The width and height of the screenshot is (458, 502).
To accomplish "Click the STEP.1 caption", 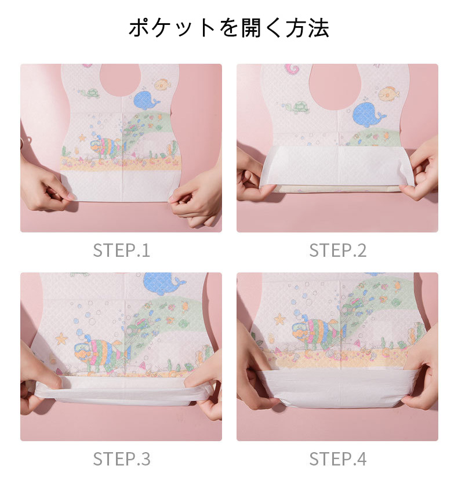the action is coord(121,250).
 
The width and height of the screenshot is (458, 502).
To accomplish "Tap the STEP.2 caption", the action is coord(337,250).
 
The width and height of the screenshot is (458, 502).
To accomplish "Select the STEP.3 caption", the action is coord(121,459).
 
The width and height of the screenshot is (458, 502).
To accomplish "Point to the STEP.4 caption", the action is coord(337,459).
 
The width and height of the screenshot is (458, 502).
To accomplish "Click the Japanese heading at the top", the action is coord(229,28).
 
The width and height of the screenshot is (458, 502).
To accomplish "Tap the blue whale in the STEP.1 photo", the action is coord(146,100).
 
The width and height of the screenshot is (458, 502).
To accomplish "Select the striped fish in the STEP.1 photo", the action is coord(107,146).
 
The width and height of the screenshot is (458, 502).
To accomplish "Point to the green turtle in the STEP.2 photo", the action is coord(297,107).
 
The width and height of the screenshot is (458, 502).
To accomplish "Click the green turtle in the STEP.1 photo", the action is coord(90,93).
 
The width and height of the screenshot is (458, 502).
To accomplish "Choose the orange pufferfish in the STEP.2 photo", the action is coord(389,93).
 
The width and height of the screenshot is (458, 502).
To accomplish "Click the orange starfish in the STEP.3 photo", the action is coord(61,339).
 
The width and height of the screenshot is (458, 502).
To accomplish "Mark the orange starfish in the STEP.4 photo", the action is coord(279,319).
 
